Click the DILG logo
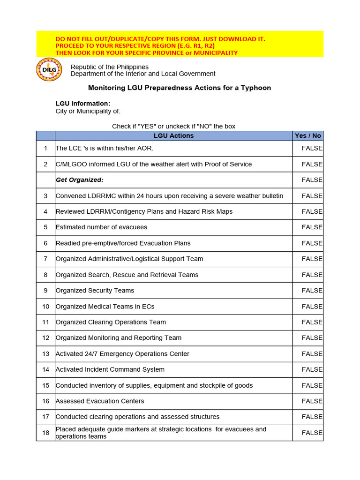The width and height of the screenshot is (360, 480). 49,70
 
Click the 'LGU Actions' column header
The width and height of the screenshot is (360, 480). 173,136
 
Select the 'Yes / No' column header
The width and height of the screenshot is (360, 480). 307,136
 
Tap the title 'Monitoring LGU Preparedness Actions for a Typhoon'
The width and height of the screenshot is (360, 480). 180,88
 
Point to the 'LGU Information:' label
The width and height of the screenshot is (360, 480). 83,104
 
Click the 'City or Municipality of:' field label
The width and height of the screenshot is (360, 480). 88,111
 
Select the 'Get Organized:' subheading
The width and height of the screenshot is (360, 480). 80,180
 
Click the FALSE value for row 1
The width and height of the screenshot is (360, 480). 312,148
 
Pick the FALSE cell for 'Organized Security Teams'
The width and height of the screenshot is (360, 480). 312,291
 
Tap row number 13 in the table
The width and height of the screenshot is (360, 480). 45,354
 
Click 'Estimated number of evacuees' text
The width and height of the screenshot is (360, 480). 101,227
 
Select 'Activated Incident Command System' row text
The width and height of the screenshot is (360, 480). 110,370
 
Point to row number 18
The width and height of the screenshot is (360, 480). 45,433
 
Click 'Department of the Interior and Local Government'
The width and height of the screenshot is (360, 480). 143,74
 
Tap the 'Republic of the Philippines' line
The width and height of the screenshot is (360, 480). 109,67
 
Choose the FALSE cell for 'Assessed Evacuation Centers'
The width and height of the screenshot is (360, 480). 312,401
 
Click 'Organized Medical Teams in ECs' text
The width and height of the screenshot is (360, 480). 105,307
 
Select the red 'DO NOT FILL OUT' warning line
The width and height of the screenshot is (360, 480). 160,39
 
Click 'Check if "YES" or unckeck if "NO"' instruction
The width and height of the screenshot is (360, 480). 173,127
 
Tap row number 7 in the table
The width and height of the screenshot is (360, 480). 45,259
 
